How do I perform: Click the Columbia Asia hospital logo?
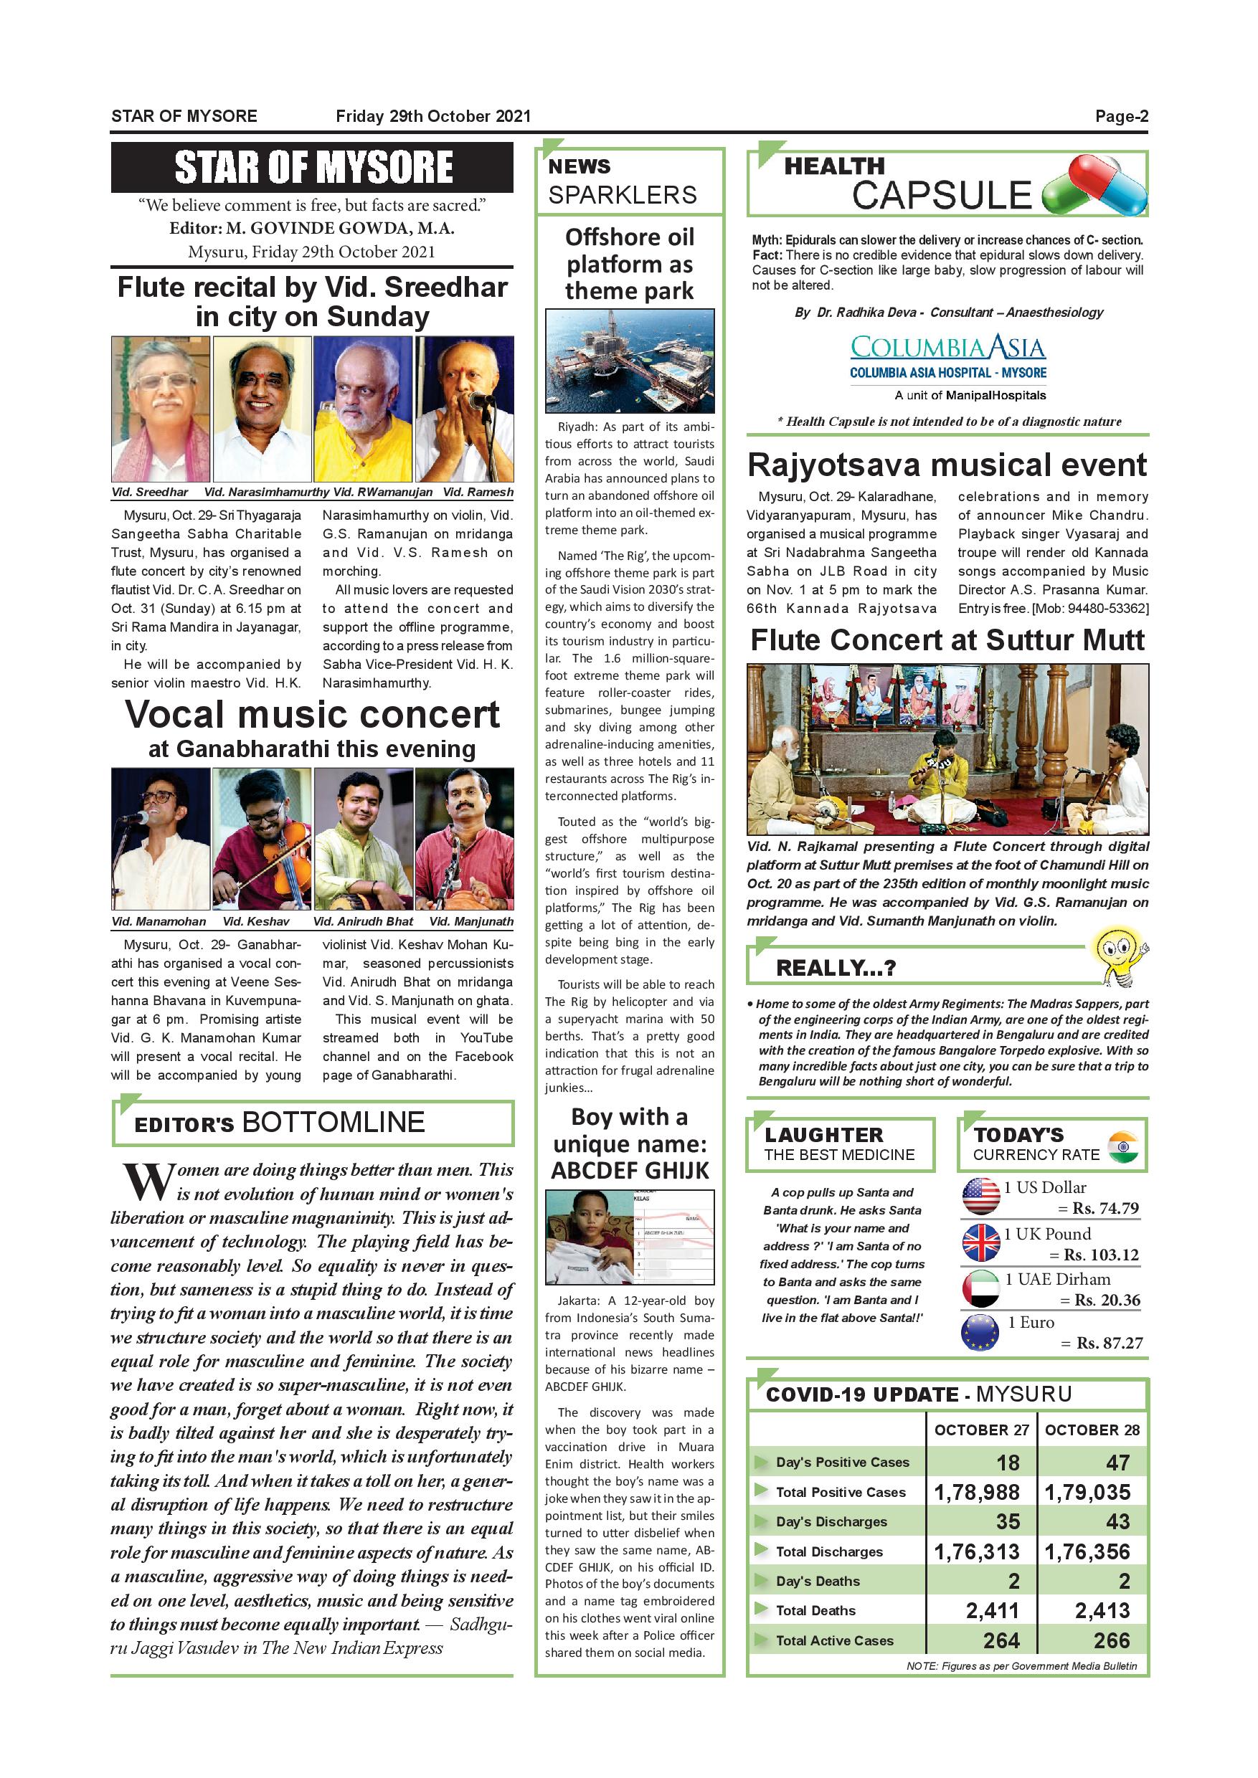coord(947,356)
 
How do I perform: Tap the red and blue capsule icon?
coord(1096,186)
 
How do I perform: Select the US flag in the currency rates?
coord(980,1197)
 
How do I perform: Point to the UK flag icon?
coord(980,1242)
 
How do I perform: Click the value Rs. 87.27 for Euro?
coord(1109,1343)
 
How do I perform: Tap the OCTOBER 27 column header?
coord(980,1430)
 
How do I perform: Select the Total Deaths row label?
coord(815,1611)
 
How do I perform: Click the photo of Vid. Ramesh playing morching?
coord(465,409)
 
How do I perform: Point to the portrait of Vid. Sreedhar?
coord(161,409)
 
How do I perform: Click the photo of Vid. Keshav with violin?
coord(262,839)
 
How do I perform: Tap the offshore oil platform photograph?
coord(630,361)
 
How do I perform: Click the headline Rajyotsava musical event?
coord(947,465)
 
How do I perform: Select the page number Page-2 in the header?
coord(1121,116)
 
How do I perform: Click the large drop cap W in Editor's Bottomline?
coord(148,1182)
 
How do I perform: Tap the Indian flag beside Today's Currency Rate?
coord(1122,1146)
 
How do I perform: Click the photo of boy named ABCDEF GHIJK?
coord(629,1237)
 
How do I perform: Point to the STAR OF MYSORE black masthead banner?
coord(312,167)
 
